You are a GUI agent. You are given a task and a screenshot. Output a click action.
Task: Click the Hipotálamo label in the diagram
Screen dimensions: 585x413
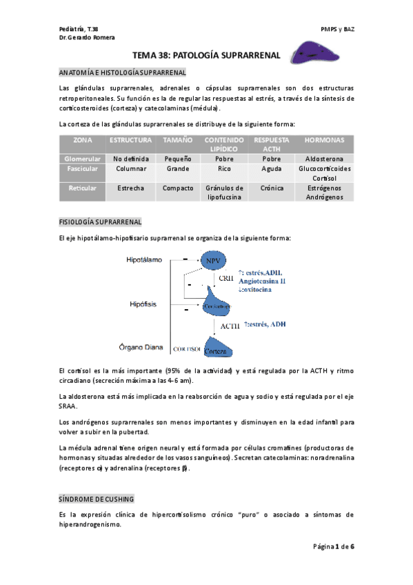[143, 260]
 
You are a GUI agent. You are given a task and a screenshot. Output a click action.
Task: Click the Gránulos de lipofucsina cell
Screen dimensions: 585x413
[225, 192]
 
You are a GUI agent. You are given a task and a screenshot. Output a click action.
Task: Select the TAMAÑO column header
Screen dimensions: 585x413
[178, 140]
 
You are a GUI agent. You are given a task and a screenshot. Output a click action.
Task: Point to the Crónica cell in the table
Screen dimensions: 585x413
[272, 188]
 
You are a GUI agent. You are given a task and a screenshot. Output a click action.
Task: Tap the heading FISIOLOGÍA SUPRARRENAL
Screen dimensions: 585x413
[100, 222]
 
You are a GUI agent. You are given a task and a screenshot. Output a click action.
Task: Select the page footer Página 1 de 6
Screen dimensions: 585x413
[334, 546]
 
